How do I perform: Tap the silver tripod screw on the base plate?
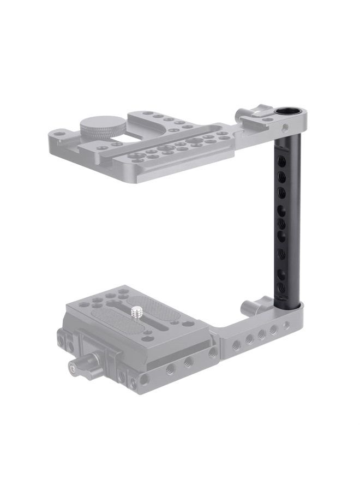pos(136,312)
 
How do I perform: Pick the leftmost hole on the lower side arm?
pos(236,344)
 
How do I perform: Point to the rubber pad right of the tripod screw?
pos(158,308)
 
